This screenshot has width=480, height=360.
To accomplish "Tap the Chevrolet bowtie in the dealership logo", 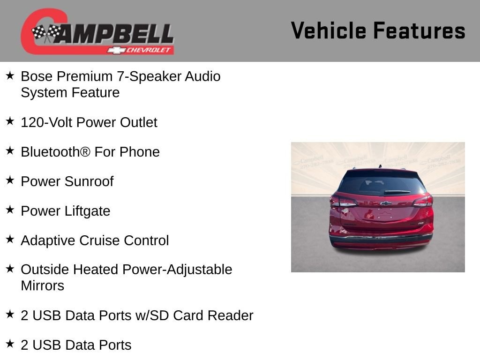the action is coord(116,50).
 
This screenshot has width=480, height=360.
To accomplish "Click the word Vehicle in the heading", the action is coord(329,30).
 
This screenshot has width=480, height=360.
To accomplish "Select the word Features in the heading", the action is coord(420,30).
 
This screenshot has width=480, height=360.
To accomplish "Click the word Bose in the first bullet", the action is coord(37,76).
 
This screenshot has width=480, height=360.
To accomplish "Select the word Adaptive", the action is coord(48,240).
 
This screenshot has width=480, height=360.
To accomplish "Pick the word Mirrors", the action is coord(43,286).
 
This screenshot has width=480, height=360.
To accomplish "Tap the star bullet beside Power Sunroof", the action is coord(10,180).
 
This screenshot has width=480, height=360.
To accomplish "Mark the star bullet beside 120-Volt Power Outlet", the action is coord(10,121).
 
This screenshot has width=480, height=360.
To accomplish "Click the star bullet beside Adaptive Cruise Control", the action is coord(10,239).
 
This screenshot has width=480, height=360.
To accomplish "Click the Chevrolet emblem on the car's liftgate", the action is coord(386,203).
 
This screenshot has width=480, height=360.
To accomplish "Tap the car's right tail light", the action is coord(423,202).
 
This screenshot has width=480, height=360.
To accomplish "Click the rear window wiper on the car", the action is coord(397,192).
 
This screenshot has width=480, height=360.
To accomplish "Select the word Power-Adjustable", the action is coord(177,270).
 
